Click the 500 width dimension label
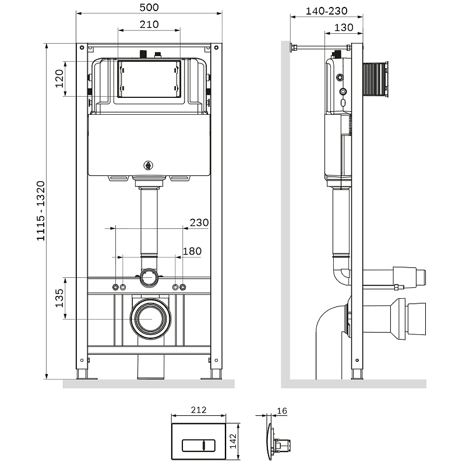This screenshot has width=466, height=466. (149, 7)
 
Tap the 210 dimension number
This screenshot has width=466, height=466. (149, 24)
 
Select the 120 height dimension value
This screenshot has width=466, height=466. (59, 79)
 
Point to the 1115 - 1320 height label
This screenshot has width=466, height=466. (40, 211)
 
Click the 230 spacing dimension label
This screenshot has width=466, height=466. (199, 223)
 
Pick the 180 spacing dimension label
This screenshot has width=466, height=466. (192, 251)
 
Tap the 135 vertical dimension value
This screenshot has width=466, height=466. (59, 298)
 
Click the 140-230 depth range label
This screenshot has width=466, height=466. (327, 11)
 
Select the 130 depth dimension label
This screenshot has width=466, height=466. (344, 27)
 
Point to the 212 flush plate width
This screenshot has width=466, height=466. (199, 410)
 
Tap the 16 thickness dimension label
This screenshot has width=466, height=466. (282, 411)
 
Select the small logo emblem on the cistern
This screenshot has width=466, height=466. (148, 165)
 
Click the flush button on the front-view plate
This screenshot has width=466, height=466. (199, 446)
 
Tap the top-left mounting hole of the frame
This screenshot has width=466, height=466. (82, 48)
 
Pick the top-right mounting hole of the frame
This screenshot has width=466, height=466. (216, 48)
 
